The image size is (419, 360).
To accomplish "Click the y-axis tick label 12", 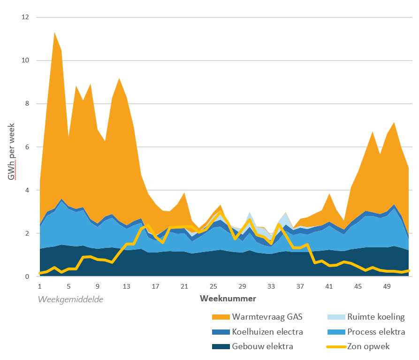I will coord(25,17).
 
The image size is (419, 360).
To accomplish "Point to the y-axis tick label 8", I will coord(27,104).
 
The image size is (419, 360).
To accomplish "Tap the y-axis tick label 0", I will coord(27,277).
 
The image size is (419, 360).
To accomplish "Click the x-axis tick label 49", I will coord(387,286).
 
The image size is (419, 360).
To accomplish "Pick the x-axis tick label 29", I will coord(242,286).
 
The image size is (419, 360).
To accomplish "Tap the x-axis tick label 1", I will coord(40,286).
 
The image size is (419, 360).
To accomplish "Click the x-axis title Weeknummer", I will coord(228,298).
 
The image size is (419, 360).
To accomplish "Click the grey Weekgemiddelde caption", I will coord(71,299).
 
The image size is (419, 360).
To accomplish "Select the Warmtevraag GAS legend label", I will coord(267,317).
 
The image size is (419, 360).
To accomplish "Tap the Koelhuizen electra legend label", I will coord(267,332).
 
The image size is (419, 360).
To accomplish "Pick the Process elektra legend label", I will coord(376,332).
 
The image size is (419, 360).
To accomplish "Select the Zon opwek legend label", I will coord(370,347).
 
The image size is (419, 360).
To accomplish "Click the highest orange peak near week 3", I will coord(55,33).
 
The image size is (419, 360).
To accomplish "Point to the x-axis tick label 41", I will coord(329,286).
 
